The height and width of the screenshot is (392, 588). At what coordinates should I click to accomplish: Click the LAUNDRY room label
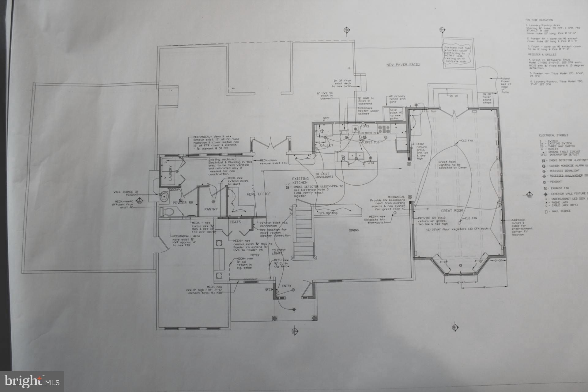pos(171,173)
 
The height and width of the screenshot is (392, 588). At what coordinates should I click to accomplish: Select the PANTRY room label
pos(211,209)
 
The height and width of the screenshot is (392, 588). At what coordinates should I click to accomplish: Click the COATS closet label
pos(235,222)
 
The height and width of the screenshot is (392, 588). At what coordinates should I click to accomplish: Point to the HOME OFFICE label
pos(259,194)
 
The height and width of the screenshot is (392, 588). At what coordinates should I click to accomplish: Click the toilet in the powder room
pos(167,211)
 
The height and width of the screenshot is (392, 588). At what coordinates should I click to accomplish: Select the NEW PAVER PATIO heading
pos(403,65)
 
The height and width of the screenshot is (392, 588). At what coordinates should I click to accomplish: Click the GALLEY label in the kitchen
pos(326,145)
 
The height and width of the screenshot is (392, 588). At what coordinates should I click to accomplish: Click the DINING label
pos(354,230)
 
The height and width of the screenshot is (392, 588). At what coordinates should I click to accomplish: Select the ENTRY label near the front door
pos(287,286)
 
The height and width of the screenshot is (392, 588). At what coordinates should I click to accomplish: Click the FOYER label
pos(254,255)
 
